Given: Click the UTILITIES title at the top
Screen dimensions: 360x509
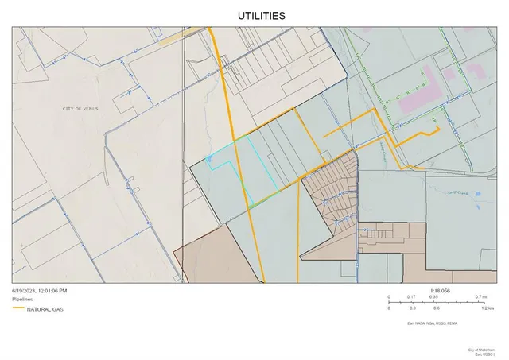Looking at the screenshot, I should click(x=262, y=15).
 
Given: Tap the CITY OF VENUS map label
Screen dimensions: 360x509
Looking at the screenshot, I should click(x=79, y=108).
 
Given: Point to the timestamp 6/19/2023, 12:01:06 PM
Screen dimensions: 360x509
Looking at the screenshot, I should click(x=45, y=291).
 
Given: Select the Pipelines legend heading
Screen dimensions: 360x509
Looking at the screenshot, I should click(x=24, y=300).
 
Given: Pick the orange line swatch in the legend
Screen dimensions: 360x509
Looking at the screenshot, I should click(x=20, y=310).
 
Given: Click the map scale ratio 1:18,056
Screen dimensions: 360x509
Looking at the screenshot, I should click(x=439, y=291).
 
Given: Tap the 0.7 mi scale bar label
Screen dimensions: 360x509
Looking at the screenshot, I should click(x=480, y=296).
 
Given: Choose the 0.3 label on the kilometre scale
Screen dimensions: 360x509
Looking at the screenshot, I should click(x=412, y=308).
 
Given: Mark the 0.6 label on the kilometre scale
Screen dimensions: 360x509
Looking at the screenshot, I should click(x=436, y=308).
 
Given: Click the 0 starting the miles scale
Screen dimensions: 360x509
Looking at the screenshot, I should click(x=389, y=296).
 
